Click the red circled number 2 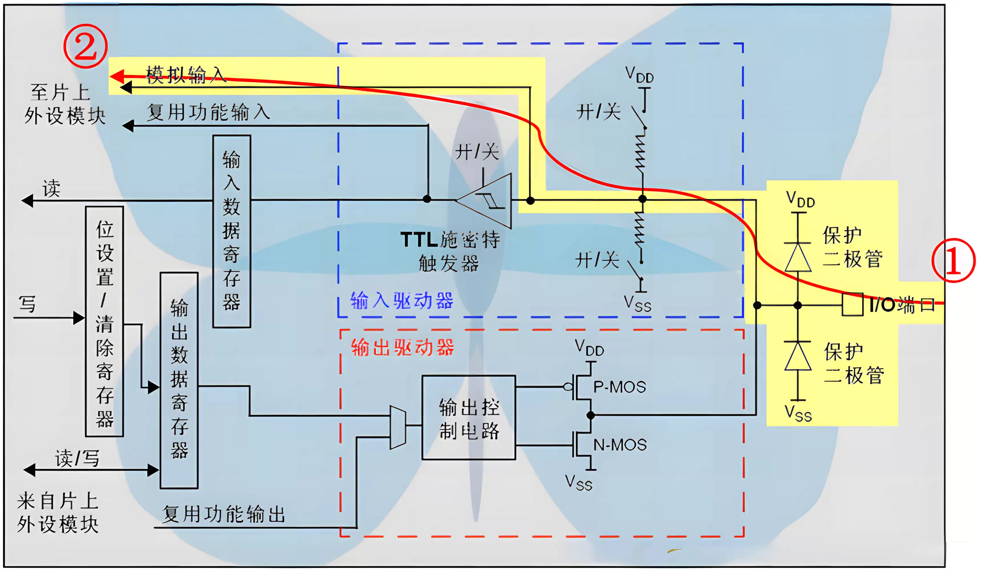pos(85,46)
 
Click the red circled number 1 pos(953,260)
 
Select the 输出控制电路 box pos(469,418)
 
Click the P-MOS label pos(619,387)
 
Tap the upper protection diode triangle pos(798,257)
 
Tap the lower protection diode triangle pos(798,356)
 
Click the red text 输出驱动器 pos(403,347)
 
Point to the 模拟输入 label pos(186,75)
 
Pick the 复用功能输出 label pos(224,514)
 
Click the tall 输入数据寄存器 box pos(232,231)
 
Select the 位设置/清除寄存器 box pos(104,321)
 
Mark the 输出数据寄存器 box pos(179,380)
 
